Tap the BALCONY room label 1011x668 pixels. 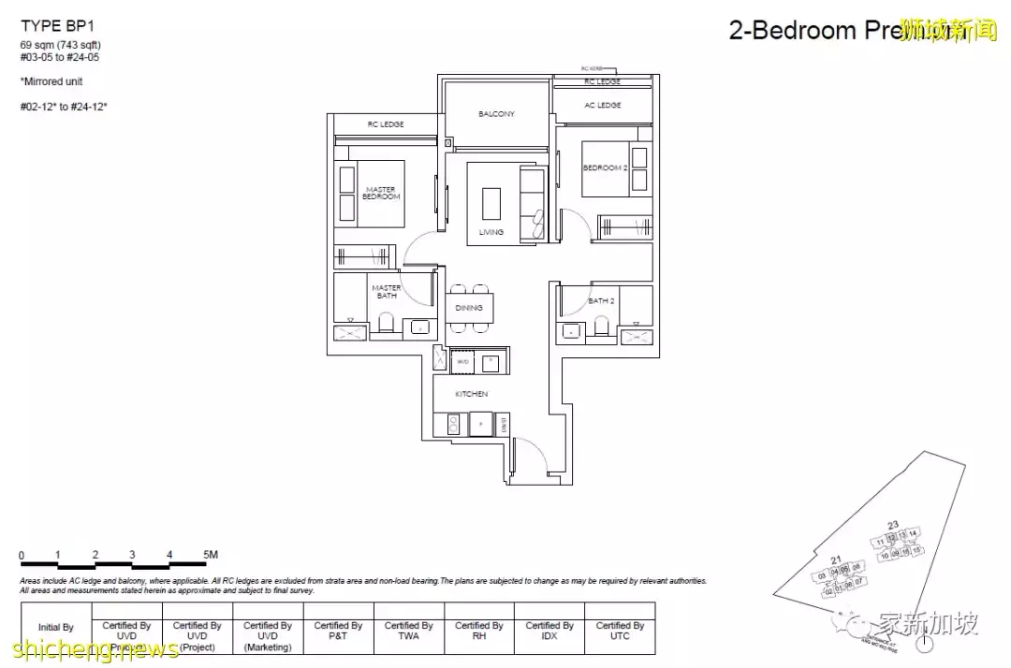pyautogui.click(x=496, y=114)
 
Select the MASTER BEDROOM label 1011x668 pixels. pyautogui.click(x=381, y=194)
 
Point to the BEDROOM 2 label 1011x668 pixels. pyautogui.click(x=604, y=167)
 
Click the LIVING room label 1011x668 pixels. pyautogui.click(x=491, y=232)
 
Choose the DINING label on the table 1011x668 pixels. pyautogui.click(x=469, y=308)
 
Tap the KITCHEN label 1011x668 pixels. pyautogui.click(x=471, y=395)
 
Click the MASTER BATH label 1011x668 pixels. pyautogui.click(x=386, y=292)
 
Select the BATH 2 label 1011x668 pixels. pyautogui.click(x=601, y=301)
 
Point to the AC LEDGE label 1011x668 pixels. pyautogui.click(x=603, y=106)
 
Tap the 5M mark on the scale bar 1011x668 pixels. pyautogui.click(x=211, y=555)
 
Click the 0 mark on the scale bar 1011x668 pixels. pyautogui.click(x=22, y=555)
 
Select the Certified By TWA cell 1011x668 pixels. pyautogui.click(x=408, y=631)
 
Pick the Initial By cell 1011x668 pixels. pyautogui.click(x=55, y=628)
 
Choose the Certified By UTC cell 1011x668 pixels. pyautogui.click(x=619, y=631)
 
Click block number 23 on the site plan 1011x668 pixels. pyautogui.click(x=892, y=524)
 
